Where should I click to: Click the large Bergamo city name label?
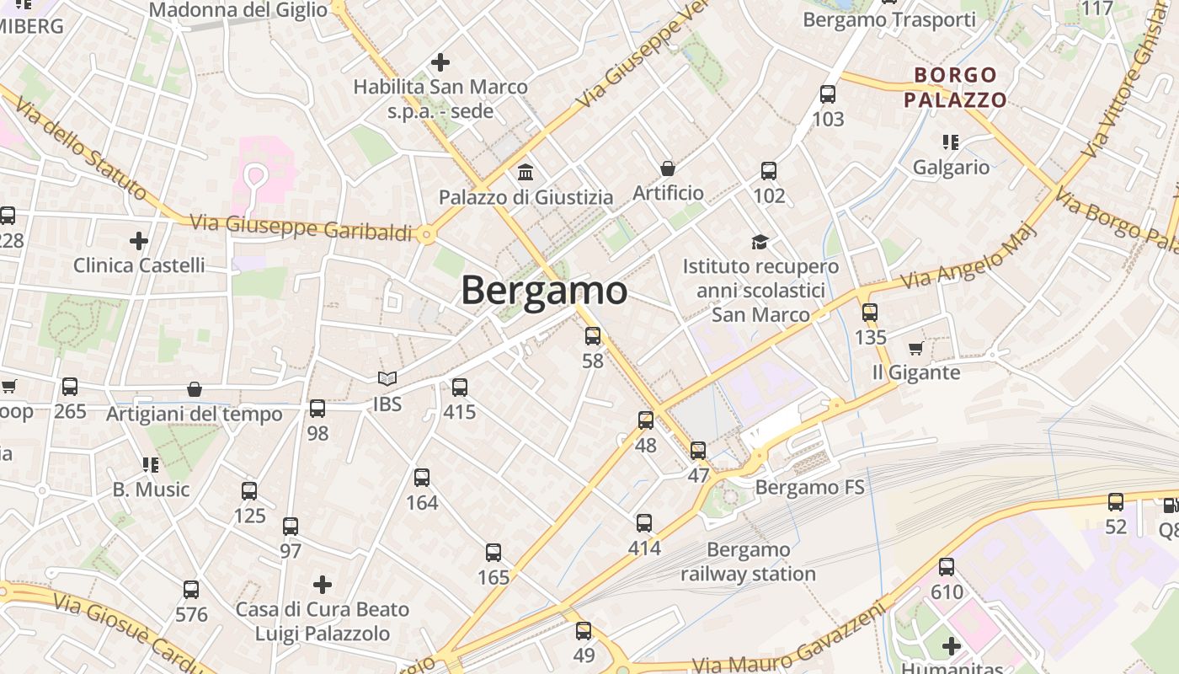pos(544,291)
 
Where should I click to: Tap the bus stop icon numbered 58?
pos(593,336)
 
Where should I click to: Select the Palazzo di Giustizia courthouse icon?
pos(525,173)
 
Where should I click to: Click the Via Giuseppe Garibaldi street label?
pos(301,227)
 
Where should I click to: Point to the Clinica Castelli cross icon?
pos(139,241)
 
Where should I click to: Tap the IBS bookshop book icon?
pos(387,380)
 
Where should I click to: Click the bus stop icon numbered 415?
pos(460,388)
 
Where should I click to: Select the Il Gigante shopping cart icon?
pos(916,348)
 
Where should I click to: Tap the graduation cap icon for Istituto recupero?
pos(760,243)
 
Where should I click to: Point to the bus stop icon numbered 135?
pos(870,313)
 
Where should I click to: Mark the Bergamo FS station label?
pos(809,487)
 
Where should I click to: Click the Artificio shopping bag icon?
pos(668,168)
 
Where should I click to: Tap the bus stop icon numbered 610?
pos(947,567)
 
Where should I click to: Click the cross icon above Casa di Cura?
pos(322,584)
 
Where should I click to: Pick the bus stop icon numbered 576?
pos(191,590)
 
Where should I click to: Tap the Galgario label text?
pos(952,167)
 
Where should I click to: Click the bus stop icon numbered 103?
pos(828,94)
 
